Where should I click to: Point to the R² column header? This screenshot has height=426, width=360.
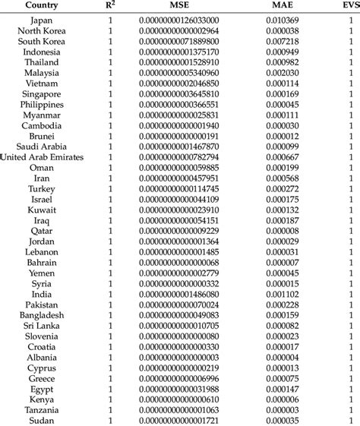pos(110,6)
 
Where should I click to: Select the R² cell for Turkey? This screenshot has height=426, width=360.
pos(110,188)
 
